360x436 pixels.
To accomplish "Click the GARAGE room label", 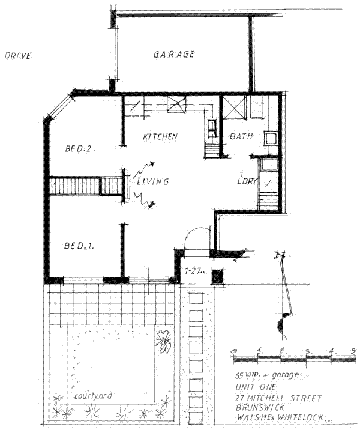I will tap(173, 55).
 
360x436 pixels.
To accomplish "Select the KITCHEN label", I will tap(160, 137).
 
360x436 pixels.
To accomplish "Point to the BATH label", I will tap(241, 137).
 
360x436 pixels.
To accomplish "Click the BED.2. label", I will tap(80, 147).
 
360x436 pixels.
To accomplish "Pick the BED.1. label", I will tap(81, 246).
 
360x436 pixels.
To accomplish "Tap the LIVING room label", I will tap(152, 181).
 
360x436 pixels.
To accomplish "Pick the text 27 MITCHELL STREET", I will tap(279, 398).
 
